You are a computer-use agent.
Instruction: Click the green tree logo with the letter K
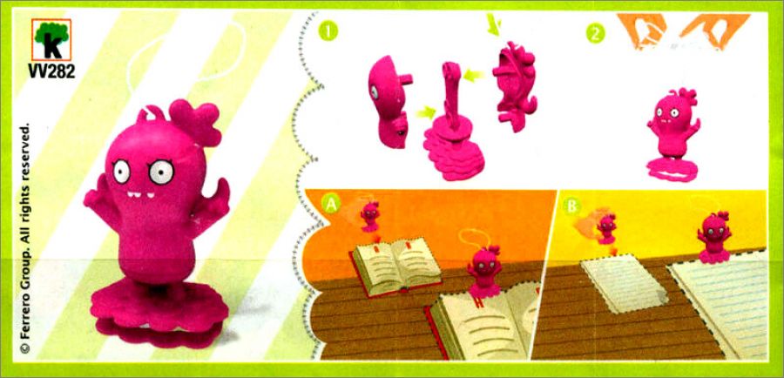[x=51, y=39]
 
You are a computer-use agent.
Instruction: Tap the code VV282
[x=51, y=71]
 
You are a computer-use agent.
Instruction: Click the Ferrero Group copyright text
[x=25, y=238]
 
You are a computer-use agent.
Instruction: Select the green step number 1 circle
[x=328, y=31]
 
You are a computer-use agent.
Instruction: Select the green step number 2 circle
[x=596, y=33]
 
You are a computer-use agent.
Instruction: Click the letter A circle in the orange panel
[x=331, y=203]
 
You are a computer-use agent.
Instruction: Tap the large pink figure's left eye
[x=121, y=172]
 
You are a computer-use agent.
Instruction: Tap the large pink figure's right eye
[x=161, y=172]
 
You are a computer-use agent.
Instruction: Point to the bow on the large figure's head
[x=195, y=122]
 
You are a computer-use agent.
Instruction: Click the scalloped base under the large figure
[x=159, y=314]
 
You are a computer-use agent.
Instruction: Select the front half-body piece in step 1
[x=388, y=103]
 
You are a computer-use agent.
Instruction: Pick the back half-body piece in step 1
[x=515, y=86]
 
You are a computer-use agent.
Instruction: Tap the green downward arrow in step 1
[x=494, y=25]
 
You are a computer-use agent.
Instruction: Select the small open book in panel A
[x=396, y=266]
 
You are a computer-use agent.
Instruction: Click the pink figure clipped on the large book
[x=485, y=272]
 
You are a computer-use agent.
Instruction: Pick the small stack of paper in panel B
[x=624, y=282]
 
